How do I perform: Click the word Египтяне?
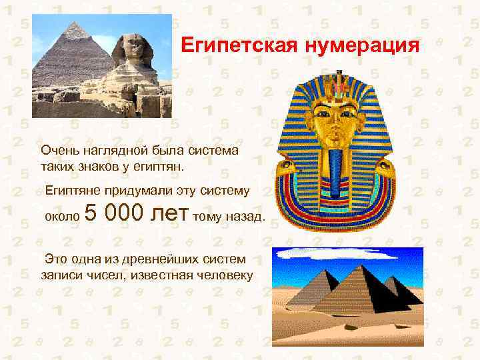[71, 191]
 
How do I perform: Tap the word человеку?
[223, 273]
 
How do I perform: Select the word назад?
[247, 217]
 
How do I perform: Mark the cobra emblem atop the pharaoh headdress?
[342, 84]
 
